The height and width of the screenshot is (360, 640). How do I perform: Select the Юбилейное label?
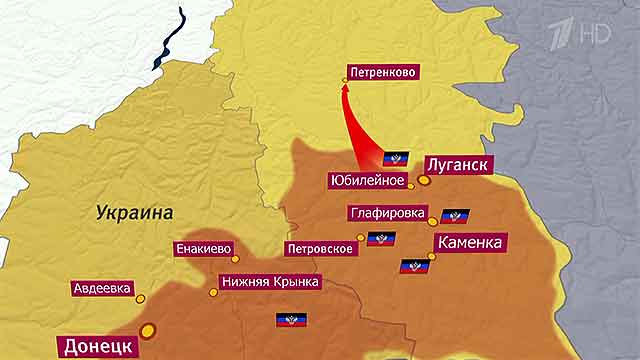(366, 181)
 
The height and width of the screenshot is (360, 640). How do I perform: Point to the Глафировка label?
(389, 213)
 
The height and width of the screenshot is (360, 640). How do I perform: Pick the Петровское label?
(318, 248)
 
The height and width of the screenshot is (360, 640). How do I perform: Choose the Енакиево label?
(204, 249)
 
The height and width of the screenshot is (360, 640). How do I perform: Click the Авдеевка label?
(101, 288)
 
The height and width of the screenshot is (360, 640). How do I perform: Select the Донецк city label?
(97, 346)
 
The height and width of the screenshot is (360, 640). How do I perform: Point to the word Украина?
(135, 212)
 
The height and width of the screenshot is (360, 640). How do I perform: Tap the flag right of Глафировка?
(455, 215)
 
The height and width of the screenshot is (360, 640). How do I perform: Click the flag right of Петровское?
(381, 239)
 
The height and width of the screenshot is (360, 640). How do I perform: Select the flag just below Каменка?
(414, 266)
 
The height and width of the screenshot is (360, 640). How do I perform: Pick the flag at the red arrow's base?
(396, 158)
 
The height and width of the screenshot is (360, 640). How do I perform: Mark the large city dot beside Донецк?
(148, 329)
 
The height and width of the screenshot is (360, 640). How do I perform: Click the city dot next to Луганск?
(423, 181)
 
